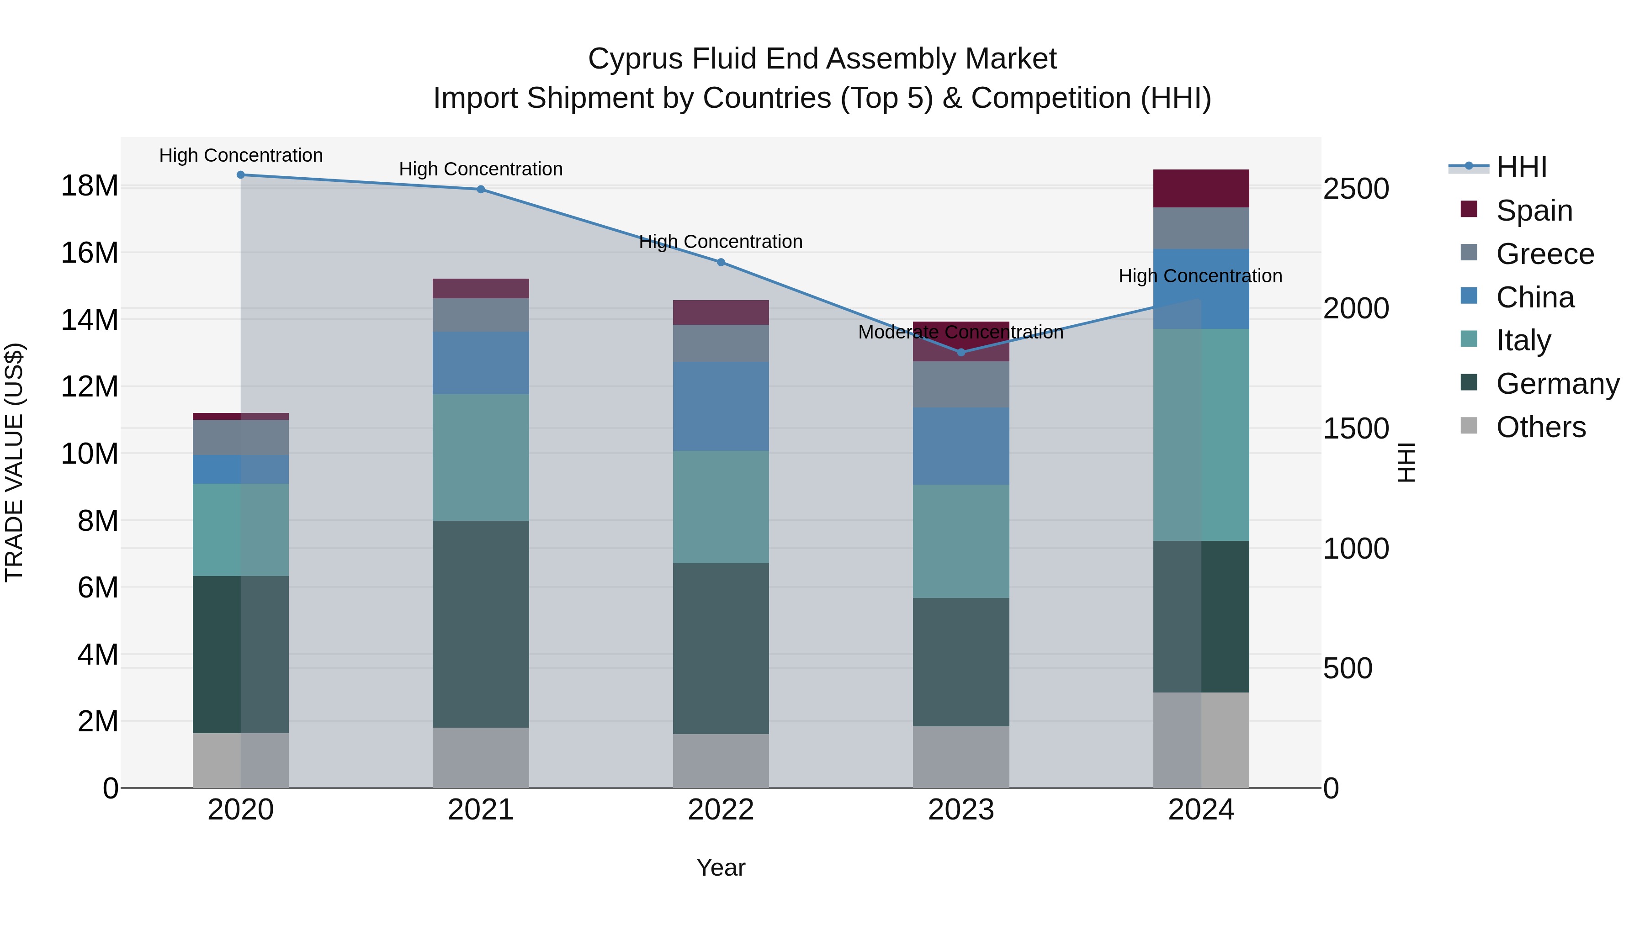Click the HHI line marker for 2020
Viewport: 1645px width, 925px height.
(241, 175)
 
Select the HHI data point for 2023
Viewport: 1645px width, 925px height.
(961, 352)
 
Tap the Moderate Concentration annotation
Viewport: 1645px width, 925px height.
(960, 333)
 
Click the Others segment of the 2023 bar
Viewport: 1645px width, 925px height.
(960, 756)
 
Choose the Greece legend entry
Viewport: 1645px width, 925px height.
(1545, 254)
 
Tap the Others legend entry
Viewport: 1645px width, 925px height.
(1540, 427)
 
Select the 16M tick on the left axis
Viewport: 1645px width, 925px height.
(90, 253)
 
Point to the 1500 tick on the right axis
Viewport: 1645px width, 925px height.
(1355, 428)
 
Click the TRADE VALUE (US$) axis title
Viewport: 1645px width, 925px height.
(14, 462)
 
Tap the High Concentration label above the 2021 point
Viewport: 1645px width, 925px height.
(481, 169)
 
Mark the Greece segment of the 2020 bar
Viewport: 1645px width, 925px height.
(241, 437)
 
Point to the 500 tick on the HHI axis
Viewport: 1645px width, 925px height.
(1348, 668)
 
